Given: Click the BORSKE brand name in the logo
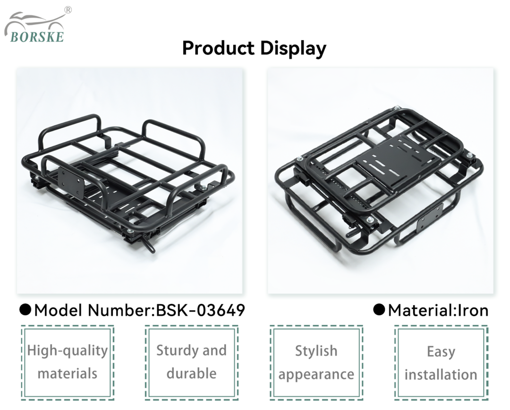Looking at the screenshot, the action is click(37, 37).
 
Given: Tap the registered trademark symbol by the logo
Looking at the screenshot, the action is click(68, 10).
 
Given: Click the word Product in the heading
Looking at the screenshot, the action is click(218, 48).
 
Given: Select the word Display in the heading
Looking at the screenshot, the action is click(293, 49).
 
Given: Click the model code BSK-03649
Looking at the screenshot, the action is click(200, 310).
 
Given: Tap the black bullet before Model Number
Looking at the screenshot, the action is click(25, 310).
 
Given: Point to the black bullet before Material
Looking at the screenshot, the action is click(379, 310).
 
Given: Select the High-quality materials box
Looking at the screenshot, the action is click(68, 362).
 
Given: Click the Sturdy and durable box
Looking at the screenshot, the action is click(192, 362).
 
